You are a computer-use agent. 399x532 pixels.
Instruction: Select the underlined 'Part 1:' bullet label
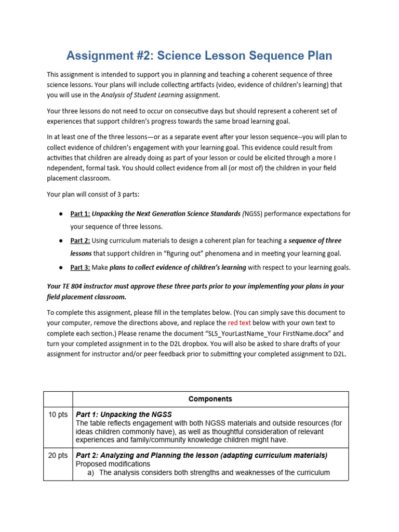(x=80, y=214)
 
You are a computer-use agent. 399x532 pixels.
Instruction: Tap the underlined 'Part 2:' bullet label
(x=80, y=241)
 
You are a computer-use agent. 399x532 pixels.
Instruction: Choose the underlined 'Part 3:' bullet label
(x=80, y=268)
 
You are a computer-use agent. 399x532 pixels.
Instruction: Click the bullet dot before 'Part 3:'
(x=61, y=268)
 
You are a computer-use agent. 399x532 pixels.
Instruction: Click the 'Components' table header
(x=210, y=399)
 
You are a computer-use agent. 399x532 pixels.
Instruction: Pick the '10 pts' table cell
(x=58, y=414)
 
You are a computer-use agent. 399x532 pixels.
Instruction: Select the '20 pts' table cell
(x=58, y=455)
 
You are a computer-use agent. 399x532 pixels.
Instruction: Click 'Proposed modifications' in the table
(x=113, y=464)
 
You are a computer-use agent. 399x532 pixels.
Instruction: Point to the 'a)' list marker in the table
(x=91, y=473)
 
